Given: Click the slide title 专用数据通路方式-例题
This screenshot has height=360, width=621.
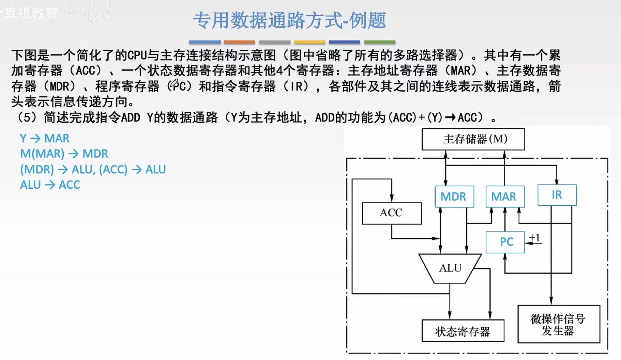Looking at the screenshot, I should pyautogui.click(x=289, y=20).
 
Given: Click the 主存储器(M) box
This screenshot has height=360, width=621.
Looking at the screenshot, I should pyautogui.click(x=473, y=139).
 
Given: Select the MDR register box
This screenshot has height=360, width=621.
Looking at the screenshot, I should pyautogui.click(x=454, y=197).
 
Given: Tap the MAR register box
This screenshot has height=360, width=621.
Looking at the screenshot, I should pyautogui.click(x=505, y=197).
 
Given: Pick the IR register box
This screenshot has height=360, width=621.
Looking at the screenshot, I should pyautogui.click(x=557, y=195).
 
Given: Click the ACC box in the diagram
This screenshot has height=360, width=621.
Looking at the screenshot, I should pyautogui.click(x=392, y=213).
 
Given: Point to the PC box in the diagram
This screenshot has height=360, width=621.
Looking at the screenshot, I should pyautogui.click(x=505, y=242).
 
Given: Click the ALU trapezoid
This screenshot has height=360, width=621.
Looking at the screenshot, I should pyautogui.click(x=450, y=268).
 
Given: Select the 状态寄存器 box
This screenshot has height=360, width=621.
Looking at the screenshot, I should pyautogui.click(x=463, y=331).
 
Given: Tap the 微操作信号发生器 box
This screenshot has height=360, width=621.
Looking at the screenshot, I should pyautogui.click(x=558, y=324).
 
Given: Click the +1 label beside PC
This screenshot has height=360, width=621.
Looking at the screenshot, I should pyautogui.click(x=535, y=237).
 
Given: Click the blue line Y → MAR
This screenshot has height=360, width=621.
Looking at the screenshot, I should pyautogui.click(x=45, y=138).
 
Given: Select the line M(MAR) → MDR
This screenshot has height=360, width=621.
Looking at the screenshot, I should pyautogui.click(x=64, y=154).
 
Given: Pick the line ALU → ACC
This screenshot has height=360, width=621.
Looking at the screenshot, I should pyautogui.click(x=50, y=185).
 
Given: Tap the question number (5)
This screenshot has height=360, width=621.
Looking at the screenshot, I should pyautogui.click(x=27, y=118).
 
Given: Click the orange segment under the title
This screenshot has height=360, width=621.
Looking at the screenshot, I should pyautogui.click(x=239, y=42).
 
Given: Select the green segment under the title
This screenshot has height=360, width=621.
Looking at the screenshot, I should pyautogui.click(x=380, y=42).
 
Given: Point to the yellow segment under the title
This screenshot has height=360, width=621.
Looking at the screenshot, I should pyautogui.click(x=309, y=42).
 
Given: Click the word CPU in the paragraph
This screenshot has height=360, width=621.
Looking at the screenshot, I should pyautogui.click(x=137, y=55).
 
